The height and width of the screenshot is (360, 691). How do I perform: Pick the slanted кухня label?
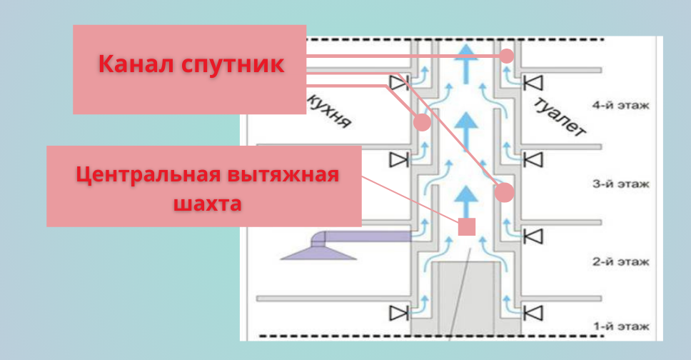coord(328,110)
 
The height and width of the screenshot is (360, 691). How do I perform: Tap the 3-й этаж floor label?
coord(620,184)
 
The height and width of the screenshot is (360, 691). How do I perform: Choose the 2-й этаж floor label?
coord(620,263)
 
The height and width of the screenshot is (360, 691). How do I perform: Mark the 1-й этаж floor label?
coord(620,327)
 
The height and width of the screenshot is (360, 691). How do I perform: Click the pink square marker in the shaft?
coord(466,227)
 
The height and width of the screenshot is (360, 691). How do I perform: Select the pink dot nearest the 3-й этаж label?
coord(504,191)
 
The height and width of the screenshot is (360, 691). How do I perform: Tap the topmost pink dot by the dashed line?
coord(507,56)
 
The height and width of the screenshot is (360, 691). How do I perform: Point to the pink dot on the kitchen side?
coord(422,122)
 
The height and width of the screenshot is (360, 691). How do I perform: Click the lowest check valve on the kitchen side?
coord(397,313)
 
